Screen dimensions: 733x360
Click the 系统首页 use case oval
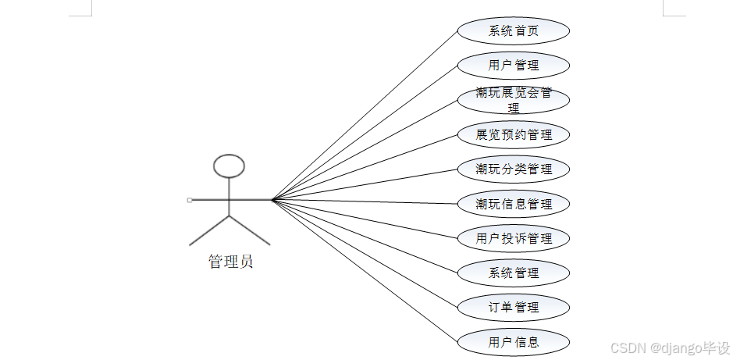click(x=513, y=31)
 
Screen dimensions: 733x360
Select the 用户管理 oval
click(x=513, y=66)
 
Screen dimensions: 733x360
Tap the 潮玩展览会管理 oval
click(x=513, y=100)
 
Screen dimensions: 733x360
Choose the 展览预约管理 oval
click(x=513, y=134)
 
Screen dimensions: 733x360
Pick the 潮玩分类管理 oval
click(x=513, y=169)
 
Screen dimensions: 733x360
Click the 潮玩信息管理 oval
click(x=513, y=204)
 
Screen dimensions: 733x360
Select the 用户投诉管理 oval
click(x=513, y=238)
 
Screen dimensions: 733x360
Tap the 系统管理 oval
click(x=513, y=273)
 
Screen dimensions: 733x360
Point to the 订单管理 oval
click(x=513, y=307)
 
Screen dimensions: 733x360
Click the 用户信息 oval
click(x=513, y=341)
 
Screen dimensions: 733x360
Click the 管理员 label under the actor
click(x=230, y=262)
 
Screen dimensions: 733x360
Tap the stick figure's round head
click(x=230, y=165)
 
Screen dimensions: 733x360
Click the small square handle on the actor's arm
click(x=190, y=200)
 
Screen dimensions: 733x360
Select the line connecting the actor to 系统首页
click(x=364, y=116)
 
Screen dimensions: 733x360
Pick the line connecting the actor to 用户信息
click(x=364, y=271)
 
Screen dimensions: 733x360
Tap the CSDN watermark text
click(x=669, y=347)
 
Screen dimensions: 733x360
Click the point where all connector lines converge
click(x=272, y=200)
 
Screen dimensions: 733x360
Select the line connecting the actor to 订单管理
click(x=364, y=253)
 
